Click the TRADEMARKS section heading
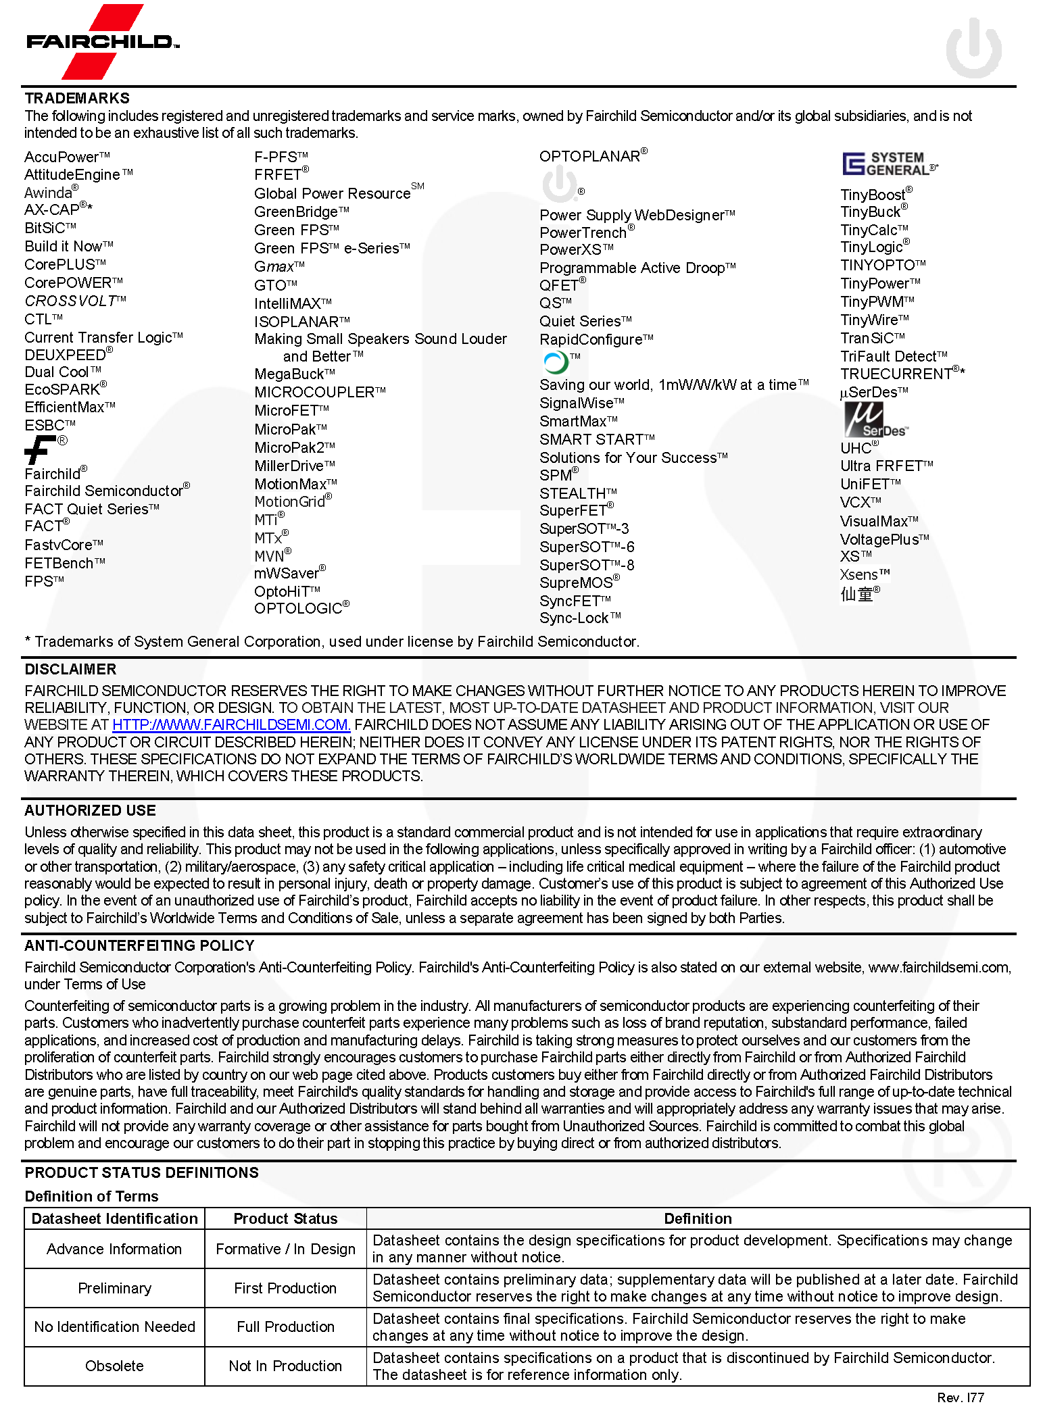77,98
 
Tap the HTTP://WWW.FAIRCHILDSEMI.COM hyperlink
231,724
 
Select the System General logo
889,164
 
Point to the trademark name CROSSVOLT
70,301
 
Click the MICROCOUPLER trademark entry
315,392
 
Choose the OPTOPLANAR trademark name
589,156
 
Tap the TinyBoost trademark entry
873,195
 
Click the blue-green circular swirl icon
556,363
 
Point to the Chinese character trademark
856,594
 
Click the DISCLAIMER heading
70,669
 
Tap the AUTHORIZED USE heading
90,810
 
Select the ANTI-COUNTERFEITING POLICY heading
139,945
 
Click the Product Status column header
285,1218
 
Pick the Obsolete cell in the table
114,1366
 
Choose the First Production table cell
285,1288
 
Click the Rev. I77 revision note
960,1397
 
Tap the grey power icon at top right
973,47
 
